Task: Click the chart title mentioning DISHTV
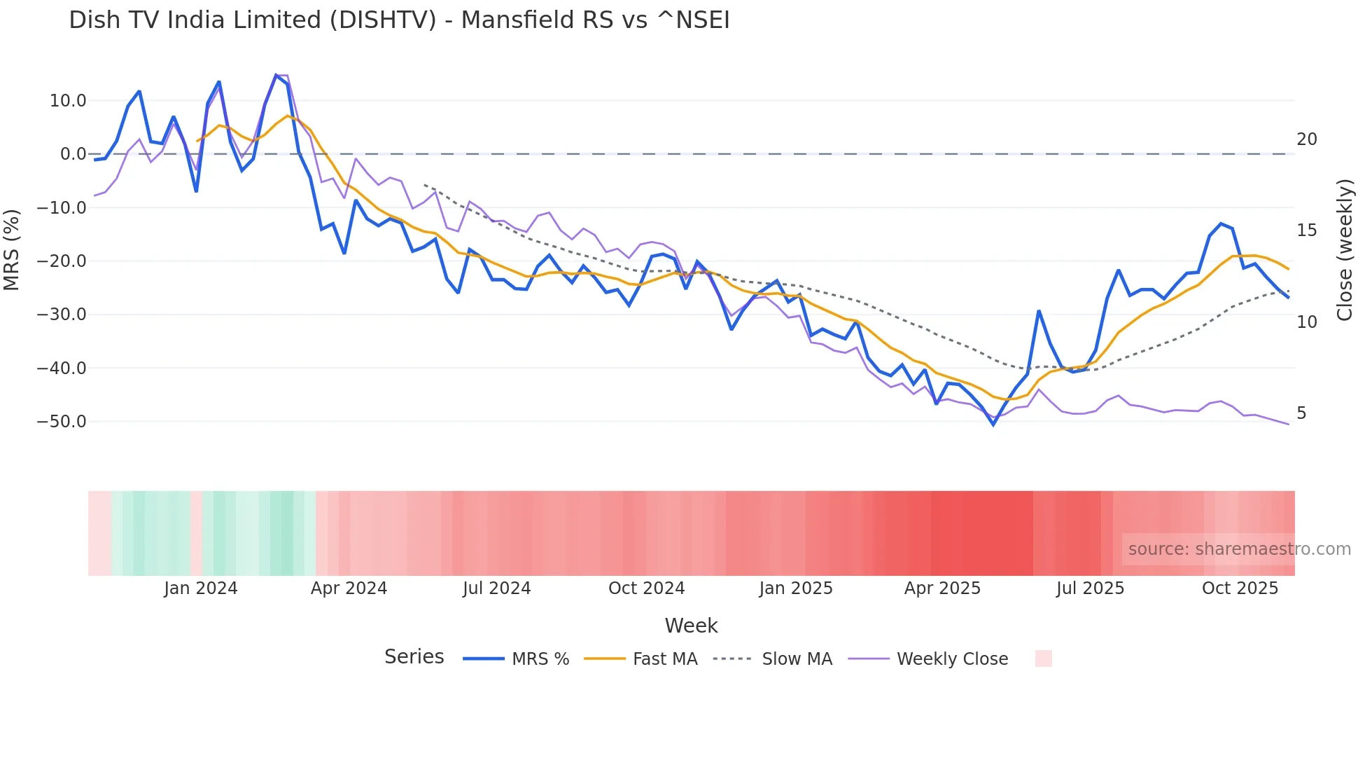[x=399, y=20]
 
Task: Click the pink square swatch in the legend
[x=1043, y=659]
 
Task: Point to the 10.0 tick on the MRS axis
[x=68, y=101]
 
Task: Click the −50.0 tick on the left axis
[x=62, y=422]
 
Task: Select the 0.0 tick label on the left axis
[x=73, y=154]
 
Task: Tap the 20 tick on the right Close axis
[x=1306, y=139]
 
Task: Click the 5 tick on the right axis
[x=1301, y=413]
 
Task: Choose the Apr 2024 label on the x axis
[x=349, y=588]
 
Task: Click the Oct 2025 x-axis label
[x=1240, y=588]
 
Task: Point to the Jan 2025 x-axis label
[x=796, y=588]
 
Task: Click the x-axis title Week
[x=691, y=626]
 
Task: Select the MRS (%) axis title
[x=12, y=250]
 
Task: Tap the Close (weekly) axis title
[x=1344, y=250]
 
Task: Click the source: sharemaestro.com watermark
[x=1239, y=549]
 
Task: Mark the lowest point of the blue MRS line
[x=993, y=425]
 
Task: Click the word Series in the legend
[x=414, y=657]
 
